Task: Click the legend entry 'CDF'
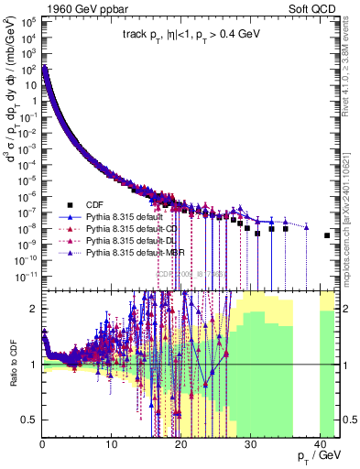[x=93, y=204]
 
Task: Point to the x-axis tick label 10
[x=111, y=444]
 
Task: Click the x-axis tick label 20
[x=180, y=444]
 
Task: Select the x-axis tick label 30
[x=248, y=444]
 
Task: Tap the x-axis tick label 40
[x=317, y=444]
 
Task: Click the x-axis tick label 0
[x=42, y=444]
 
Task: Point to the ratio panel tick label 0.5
[x=30, y=420]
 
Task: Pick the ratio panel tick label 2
[x=35, y=309]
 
